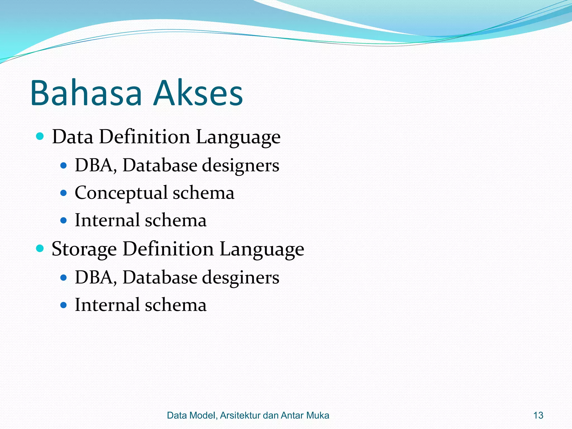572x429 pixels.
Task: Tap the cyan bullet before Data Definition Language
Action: (40, 136)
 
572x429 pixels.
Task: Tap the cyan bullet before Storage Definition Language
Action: (40, 248)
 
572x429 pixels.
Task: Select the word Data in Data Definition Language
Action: (73, 137)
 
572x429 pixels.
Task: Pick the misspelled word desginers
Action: (240, 278)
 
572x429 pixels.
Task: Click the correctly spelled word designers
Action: (240, 165)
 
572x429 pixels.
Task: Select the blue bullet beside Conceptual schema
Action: (64, 193)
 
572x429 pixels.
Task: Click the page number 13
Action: (538, 415)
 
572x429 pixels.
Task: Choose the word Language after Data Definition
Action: (238, 137)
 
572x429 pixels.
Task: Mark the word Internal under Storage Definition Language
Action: (107, 305)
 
